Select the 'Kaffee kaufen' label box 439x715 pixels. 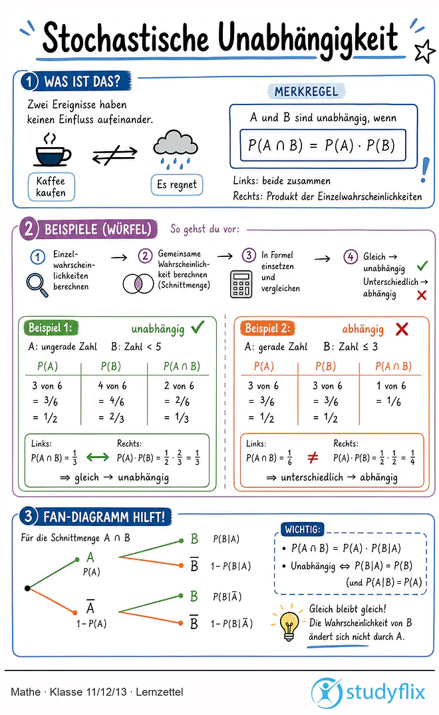point(51,186)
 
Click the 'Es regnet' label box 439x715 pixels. point(177,184)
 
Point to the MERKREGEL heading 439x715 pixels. point(306,92)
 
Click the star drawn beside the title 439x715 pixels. point(424,51)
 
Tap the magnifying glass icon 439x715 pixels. point(37,284)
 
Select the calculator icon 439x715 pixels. point(241,284)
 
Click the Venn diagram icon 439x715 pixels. point(138,284)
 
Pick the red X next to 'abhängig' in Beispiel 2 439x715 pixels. point(402,329)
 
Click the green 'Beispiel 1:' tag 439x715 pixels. point(51,328)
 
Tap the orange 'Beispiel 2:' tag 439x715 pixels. point(267,328)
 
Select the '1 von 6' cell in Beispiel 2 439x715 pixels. point(390,385)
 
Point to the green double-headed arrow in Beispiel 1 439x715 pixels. point(98,457)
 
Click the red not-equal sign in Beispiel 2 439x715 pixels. point(313,457)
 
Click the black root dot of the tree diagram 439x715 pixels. point(27,589)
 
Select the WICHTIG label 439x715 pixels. point(303,529)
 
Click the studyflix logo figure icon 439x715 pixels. point(326,692)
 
